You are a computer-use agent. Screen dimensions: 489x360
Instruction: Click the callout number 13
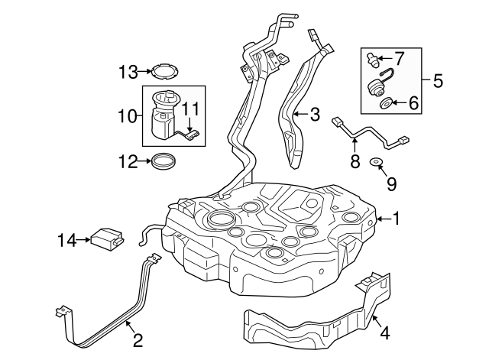pyautogui.click(x=128, y=72)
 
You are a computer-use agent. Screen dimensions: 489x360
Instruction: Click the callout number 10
pyautogui.click(x=128, y=117)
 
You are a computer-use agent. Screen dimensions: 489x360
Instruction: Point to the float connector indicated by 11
pyautogui.click(x=192, y=135)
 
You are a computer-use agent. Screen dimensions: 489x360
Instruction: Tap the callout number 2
pyautogui.click(x=138, y=340)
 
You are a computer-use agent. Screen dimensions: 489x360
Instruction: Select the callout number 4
pyautogui.click(x=385, y=332)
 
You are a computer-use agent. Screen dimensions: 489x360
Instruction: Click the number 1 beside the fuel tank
pyautogui.click(x=396, y=219)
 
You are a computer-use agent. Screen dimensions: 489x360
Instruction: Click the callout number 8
pyautogui.click(x=355, y=161)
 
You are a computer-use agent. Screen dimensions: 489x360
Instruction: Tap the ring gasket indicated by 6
pyautogui.click(x=387, y=103)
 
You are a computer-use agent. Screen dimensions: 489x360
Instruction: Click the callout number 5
pyautogui.click(x=438, y=81)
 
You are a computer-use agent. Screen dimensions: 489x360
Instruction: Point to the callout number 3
pyautogui.click(x=315, y=114)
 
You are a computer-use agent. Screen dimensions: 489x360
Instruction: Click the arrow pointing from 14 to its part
pyautogui.click(x=83, y=240)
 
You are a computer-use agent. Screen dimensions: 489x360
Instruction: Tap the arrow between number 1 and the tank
pyautogui.click(x=384, y=219)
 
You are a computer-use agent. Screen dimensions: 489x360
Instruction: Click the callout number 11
pyautogui.click(x=190, y=109)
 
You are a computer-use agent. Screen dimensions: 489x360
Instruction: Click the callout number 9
pyautogui.click(x=392, y=183)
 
